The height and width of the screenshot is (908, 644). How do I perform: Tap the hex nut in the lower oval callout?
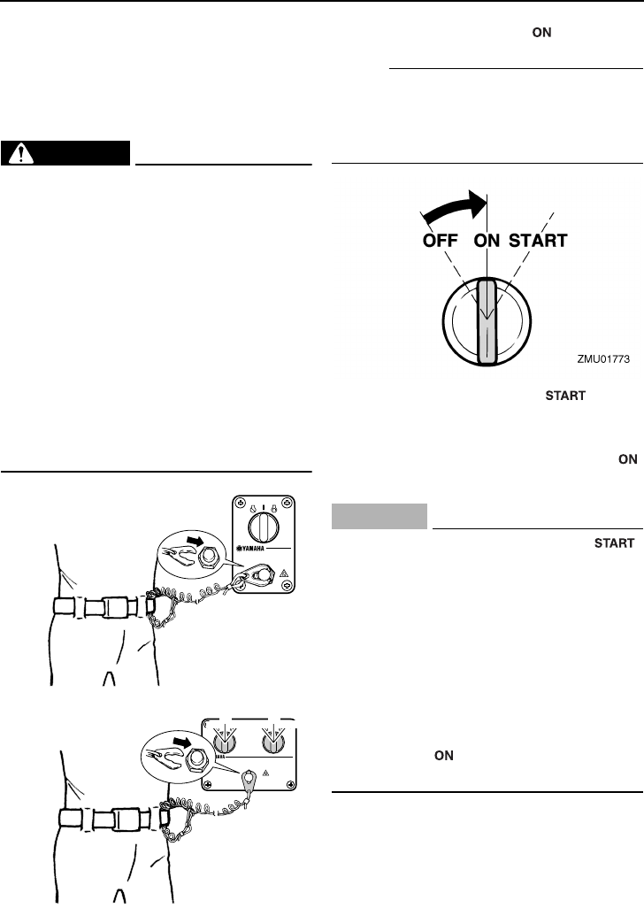pyautogui.click(x=198, y=758)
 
